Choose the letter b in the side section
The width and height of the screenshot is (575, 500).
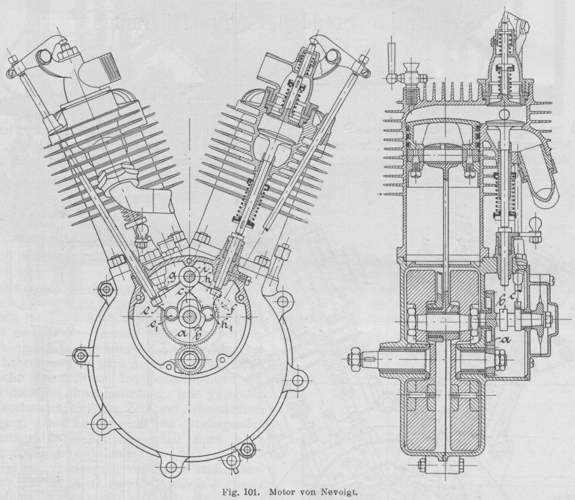coord(502,300)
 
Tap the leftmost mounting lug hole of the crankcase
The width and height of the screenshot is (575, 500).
coord(82,356)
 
